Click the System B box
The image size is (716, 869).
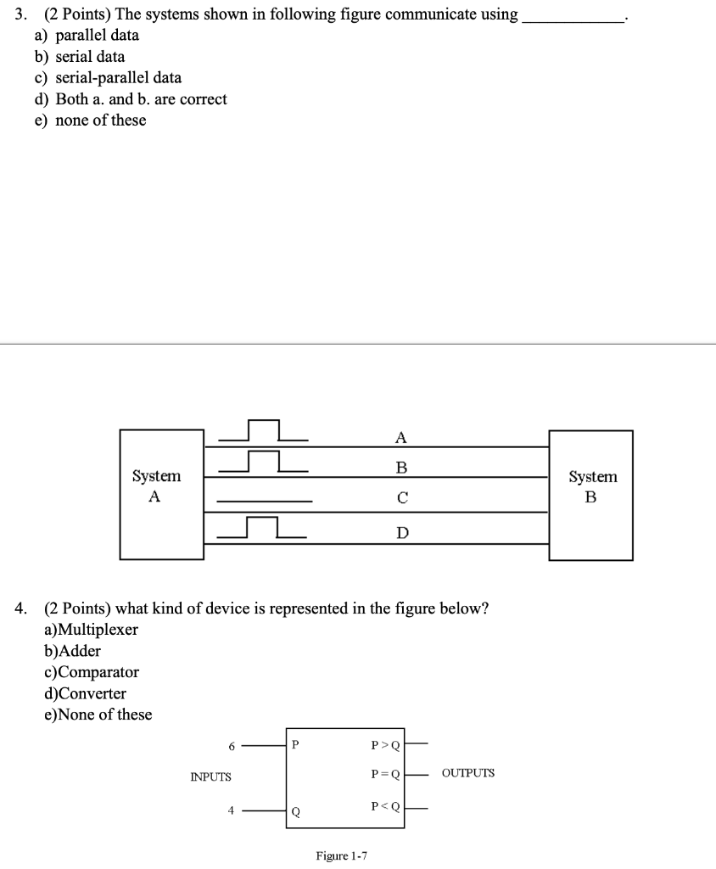590,495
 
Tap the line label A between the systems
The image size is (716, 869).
401,438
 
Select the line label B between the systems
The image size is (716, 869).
401,468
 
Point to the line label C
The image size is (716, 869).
402,499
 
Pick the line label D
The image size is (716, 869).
402,532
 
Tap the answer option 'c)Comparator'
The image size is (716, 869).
91,672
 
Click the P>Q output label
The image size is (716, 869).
386,747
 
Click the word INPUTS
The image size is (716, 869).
210,776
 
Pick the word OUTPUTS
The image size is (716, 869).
467,773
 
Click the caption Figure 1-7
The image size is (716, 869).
341,855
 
